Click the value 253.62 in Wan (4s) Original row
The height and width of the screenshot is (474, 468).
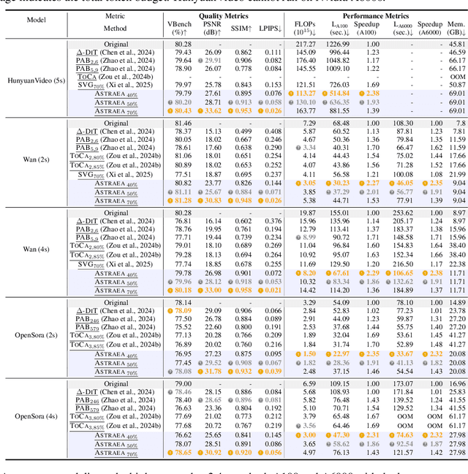(x=404, y=212)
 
